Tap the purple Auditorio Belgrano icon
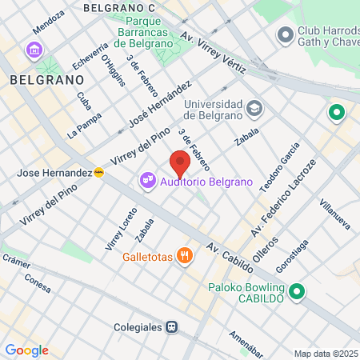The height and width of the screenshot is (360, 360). pyautogui.click(x=147, y=182)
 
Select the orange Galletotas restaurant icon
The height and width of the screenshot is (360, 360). pyautogui.click(x=185, y=256)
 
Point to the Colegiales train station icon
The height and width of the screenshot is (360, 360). pyautogui.click(x=172, y=326)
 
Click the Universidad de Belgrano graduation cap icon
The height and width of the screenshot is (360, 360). pyautogui.click(x=254, y=107)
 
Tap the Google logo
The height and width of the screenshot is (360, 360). pyautogui.click(x=26, y=350)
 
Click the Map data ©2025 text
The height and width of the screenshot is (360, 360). pyautogui.click(x=326, y=354)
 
